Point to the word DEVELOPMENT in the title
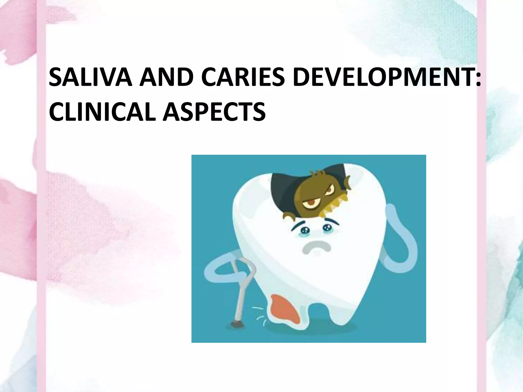pyautogui.click(x=381, y=77)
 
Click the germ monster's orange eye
pyautogui.click(x=308, y=204)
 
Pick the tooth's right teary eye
pyautogui.click(x=327, y=227)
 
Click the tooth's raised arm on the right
pyautogui.click(x=401, y=237)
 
